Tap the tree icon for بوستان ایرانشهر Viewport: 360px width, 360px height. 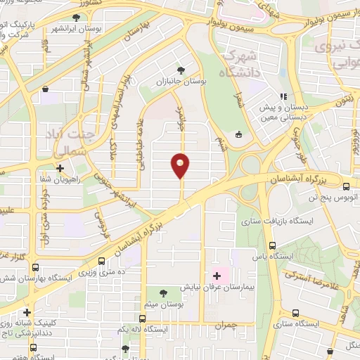click(75, 17)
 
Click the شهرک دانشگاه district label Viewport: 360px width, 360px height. click(239, 63)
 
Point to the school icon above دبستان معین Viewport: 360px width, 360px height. click(284, 97)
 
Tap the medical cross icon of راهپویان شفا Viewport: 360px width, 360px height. click(60, 169)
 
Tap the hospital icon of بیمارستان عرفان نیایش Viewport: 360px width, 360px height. click(217, 276)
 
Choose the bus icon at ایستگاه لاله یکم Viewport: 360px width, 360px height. click(141, 318)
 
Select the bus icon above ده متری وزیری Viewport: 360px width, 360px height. click(102, 260)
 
